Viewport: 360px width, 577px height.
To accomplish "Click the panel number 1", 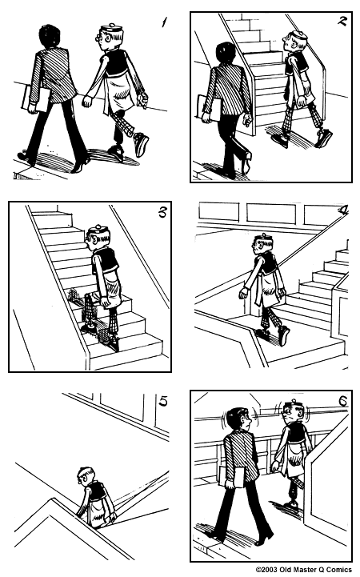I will click(x=163, y=22).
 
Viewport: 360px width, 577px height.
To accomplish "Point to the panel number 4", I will click(x=342, y=211).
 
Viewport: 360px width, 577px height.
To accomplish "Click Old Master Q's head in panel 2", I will click(x=297, y=41).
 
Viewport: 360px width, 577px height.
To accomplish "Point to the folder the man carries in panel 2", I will click(x=203, y=107).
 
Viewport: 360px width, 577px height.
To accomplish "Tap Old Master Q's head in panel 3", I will click(x=97, y=238).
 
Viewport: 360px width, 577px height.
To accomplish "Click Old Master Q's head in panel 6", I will click(x=294, y=415).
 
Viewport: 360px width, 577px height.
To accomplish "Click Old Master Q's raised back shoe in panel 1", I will click(x=141, y=144).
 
